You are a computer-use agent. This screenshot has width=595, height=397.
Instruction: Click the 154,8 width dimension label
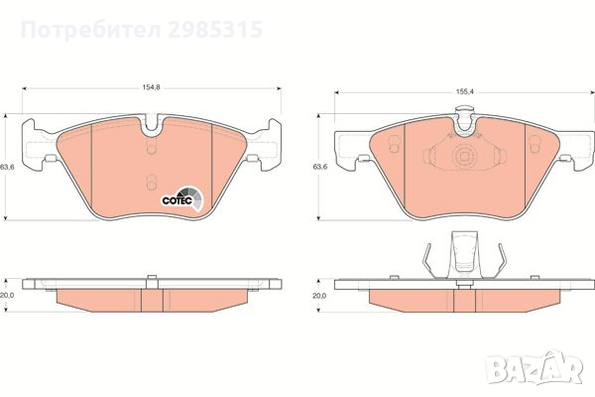(150, 88)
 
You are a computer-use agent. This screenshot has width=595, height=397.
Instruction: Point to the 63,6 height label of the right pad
(319, 167)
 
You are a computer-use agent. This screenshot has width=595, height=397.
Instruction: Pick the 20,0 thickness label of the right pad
(319, 295)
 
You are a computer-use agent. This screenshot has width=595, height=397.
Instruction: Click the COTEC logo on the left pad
(182, 198)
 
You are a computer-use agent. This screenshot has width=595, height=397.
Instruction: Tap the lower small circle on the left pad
(151, 182)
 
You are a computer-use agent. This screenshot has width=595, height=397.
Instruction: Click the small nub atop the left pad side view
(151, 278)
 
